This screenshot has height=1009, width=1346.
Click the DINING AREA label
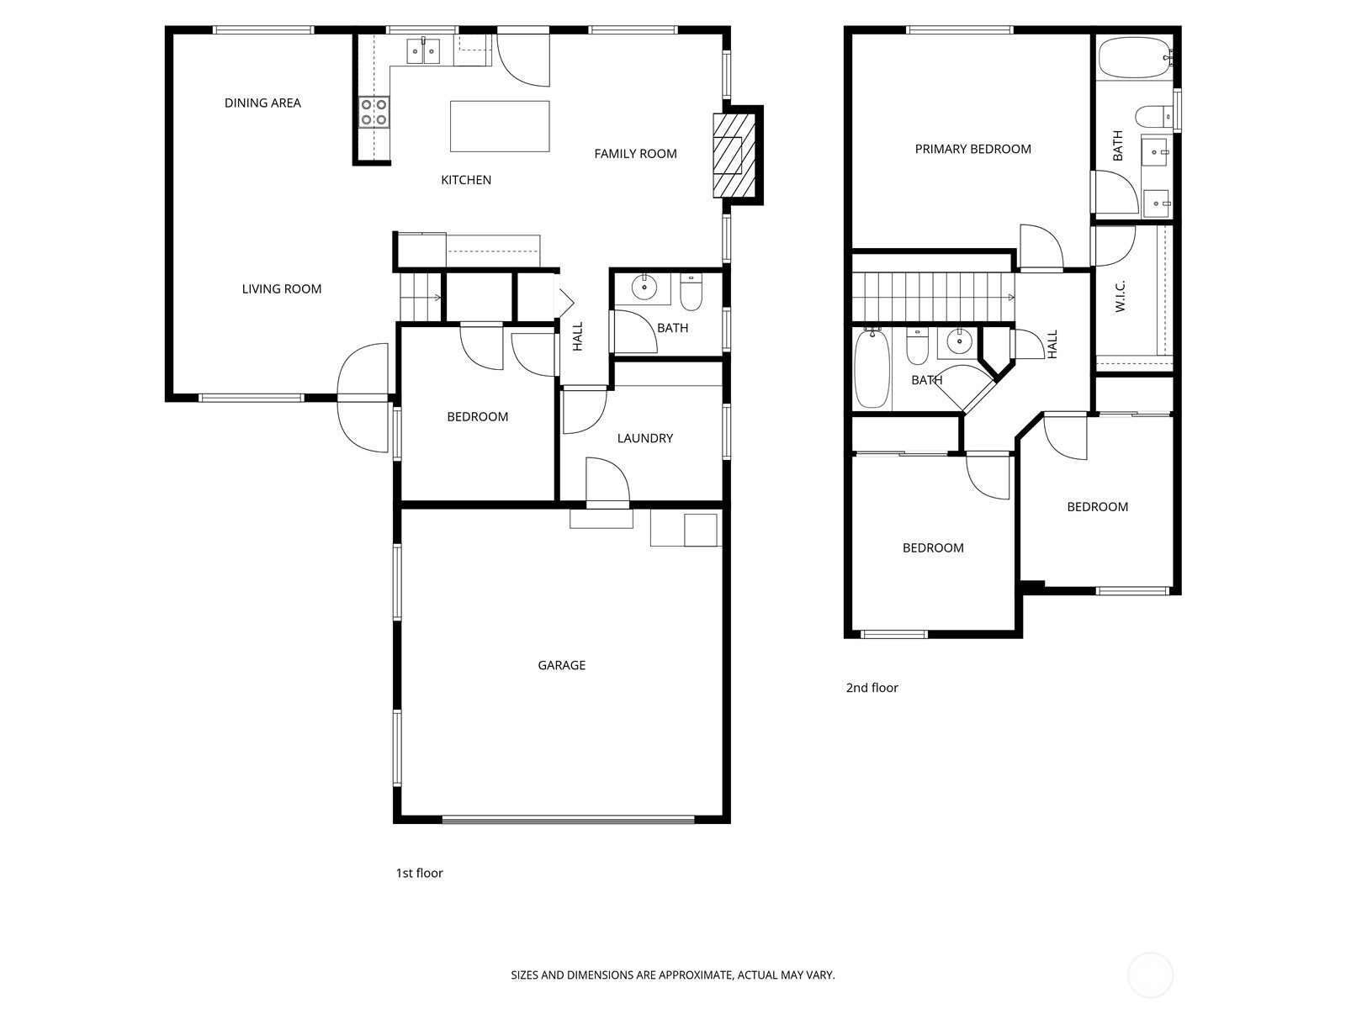pos(262,103)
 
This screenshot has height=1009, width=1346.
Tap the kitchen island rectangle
pos(500,126)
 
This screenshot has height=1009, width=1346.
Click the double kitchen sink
pos(424,52)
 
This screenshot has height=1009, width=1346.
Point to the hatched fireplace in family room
pos(729,156)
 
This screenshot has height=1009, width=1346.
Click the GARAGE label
pos(561,665)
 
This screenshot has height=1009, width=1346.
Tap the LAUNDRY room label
pos(644,438)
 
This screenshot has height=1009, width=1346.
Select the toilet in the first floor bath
pos(691,292)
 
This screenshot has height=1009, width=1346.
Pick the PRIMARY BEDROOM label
pos(972,149)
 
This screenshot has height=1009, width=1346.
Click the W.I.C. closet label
pos(1121,296)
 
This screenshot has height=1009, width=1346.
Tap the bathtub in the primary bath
pos(1133,57)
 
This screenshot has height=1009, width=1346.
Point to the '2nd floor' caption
pos(872,688)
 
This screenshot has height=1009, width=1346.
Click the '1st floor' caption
pos(419,873)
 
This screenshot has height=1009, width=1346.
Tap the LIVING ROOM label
pos(281,289)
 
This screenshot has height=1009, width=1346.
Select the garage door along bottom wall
pos(568,819)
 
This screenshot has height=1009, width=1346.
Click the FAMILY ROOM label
pos(635,154)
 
